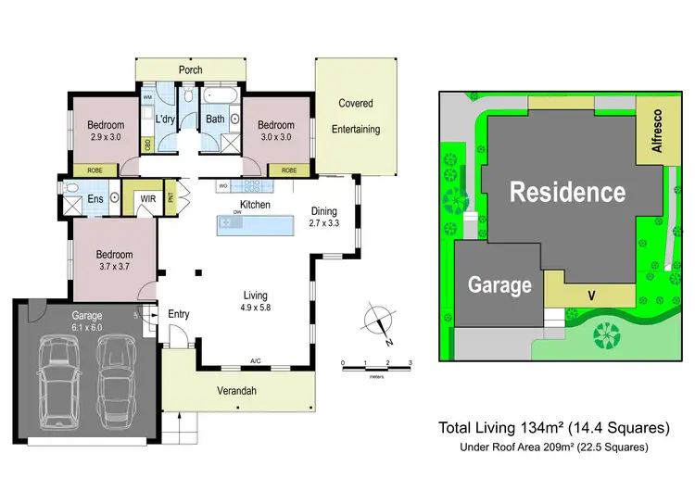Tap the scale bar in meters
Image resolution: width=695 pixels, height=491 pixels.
(x=376, y=369)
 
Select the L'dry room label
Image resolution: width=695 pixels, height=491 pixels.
(x=166, y=119)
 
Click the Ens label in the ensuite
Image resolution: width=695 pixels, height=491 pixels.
(x=95, y=197)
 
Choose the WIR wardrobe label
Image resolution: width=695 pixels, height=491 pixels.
(x=146, y=198)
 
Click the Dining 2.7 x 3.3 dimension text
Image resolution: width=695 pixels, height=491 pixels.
(x=324, y=223)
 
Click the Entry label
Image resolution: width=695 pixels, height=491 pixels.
(x=178, y=314)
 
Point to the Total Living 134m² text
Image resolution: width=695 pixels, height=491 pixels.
(x=553, y=428)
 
